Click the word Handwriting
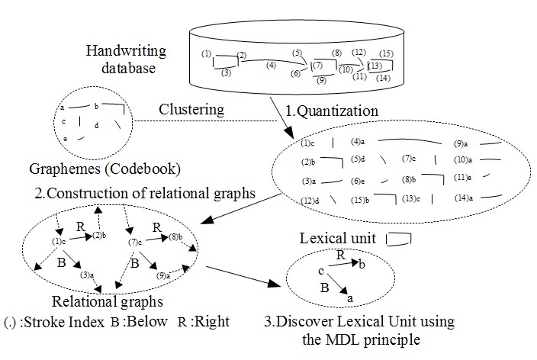pos(126,51)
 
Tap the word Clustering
pos(191,110)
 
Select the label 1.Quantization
pos(332,111)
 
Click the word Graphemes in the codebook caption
pos(65,169)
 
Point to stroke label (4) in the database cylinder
pos(271,65)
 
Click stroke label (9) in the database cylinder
pos(321,80)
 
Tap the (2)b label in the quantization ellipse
pos(308,162)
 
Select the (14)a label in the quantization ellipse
pos(464,198)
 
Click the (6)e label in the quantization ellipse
pos(358,182)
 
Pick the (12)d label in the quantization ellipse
pos(310,201)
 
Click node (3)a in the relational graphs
pos(87,275)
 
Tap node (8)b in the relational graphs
pos(175,236)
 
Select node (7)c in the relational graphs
pos(135,243)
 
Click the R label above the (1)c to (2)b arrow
pos(81,227)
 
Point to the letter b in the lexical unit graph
pos(362,264)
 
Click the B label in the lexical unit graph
pos(325,288)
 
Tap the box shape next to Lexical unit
pos(398,239)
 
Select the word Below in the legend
pos(146,322)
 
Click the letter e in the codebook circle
pos(65,139)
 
